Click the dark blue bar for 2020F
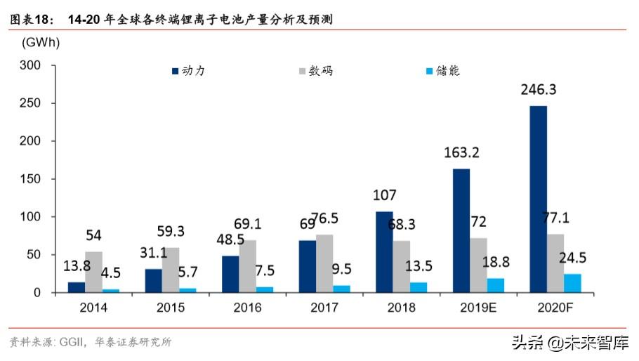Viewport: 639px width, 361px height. [538, 199]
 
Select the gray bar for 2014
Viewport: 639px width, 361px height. [93, 272]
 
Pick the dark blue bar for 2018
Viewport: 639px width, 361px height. [384, 251]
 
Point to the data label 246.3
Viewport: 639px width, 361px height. [539, 90]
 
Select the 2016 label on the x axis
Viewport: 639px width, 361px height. [247, 308]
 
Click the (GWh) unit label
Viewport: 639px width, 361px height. [40, 42]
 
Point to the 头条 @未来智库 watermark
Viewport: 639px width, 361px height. [569, 342]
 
